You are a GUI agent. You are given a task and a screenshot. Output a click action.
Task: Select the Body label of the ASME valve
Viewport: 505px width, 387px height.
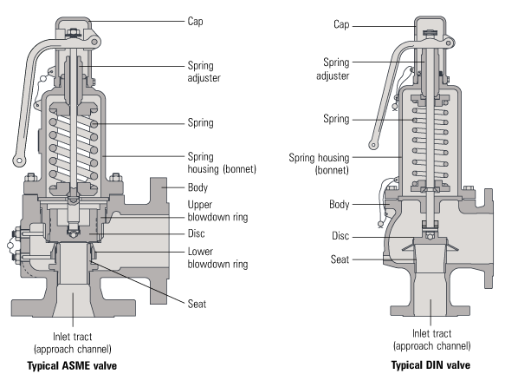(x=198, y=187)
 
